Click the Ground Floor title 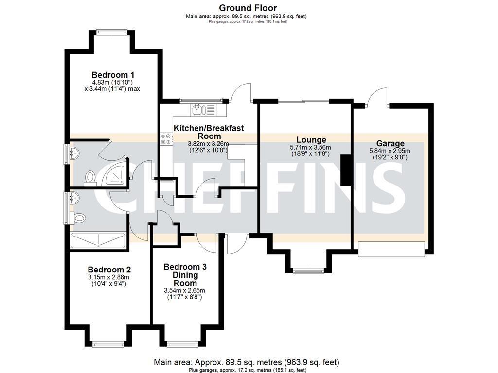(248, 8)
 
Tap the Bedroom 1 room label (113, 75)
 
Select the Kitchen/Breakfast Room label (209, 132)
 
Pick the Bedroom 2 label (109, 270)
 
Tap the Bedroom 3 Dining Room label (185, 274)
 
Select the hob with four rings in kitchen (165, 139)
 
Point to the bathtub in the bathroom (98, 240)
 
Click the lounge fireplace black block (346, 170)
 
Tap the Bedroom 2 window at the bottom (109, 344)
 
